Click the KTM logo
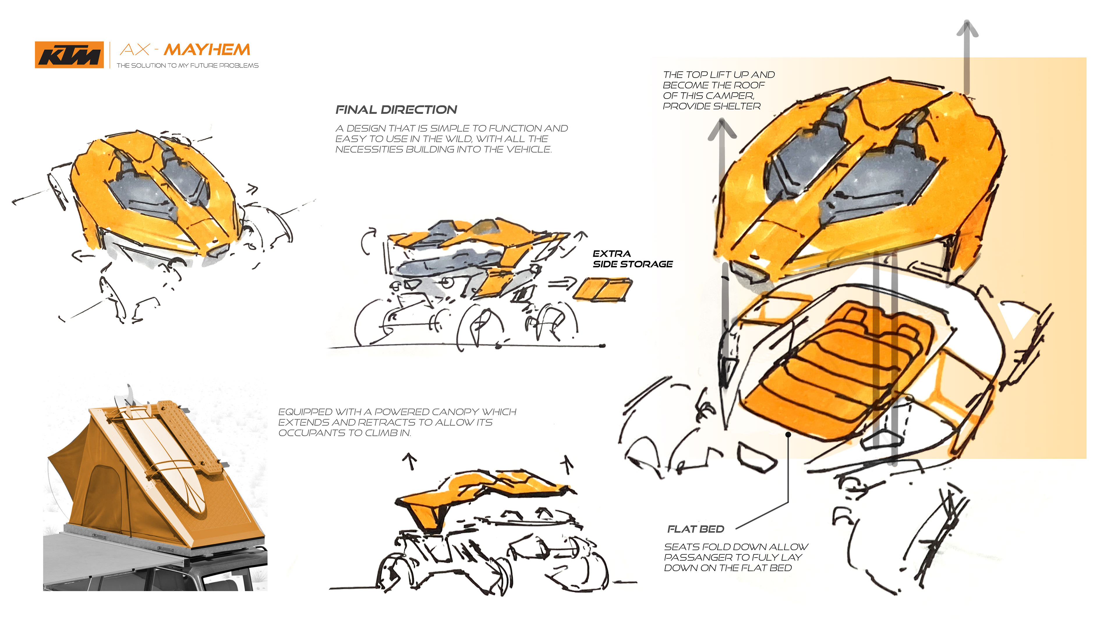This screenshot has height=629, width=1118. tap(69, 55)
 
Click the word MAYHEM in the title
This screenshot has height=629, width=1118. tap(207, 50)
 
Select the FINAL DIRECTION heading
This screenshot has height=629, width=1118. tap(396, 110)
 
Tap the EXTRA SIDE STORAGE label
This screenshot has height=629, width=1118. tap(632, 259)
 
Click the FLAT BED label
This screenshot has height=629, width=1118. tap(695, 529)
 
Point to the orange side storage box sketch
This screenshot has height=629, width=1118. tap(602, 289)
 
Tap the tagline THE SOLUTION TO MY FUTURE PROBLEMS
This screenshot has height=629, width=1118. tap(187, 66)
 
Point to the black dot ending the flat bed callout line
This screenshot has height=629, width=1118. tap(788, 434)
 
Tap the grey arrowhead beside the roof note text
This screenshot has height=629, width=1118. tap(722, 129)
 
